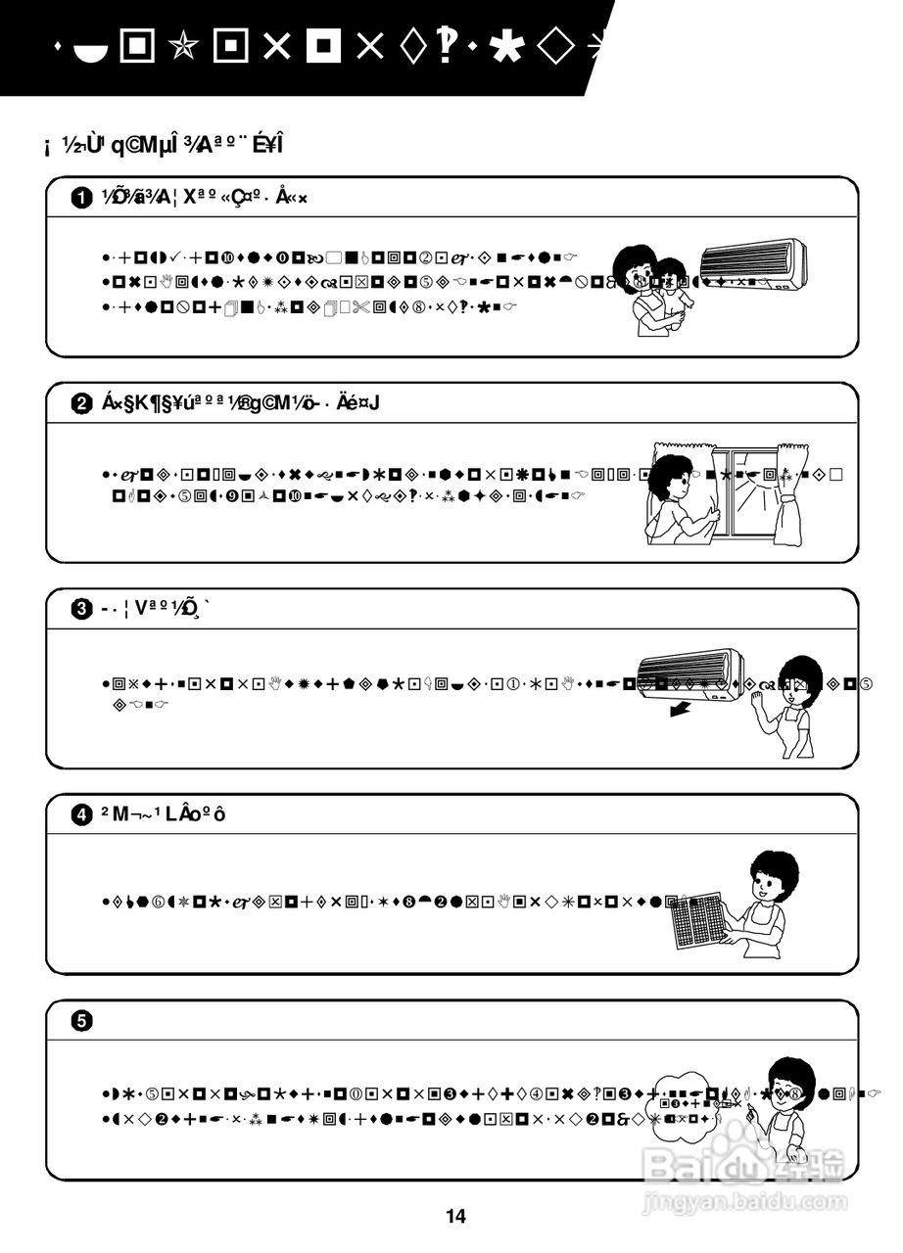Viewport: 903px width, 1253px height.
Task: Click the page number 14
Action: click(455, 1217)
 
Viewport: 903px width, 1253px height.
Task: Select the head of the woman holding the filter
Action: click(774, 876)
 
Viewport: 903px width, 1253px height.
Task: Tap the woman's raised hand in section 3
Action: click(756, 697)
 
